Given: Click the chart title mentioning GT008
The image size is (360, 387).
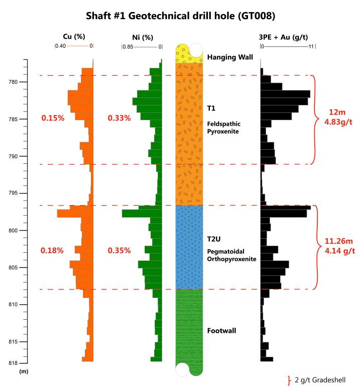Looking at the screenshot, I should [x=180, y=16].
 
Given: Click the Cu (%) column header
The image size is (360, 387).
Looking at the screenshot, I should [x=74, y=36].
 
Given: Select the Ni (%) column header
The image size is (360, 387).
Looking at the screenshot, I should [x=141, y=36].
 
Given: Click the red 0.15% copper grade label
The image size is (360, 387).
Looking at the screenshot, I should [x=53, y=118].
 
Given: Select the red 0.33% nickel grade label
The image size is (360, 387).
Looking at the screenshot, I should [x=119, y=118].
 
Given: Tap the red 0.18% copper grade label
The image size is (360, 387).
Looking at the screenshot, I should [x=53, y=250].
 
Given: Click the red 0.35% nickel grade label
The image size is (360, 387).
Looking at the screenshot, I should [x=119, y=250].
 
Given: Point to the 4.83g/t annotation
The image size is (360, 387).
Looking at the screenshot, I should [x=336, y=121].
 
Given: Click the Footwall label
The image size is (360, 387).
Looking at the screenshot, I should [x=221, y=331].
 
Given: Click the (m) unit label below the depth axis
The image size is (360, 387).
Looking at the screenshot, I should [x=24, y=371].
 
